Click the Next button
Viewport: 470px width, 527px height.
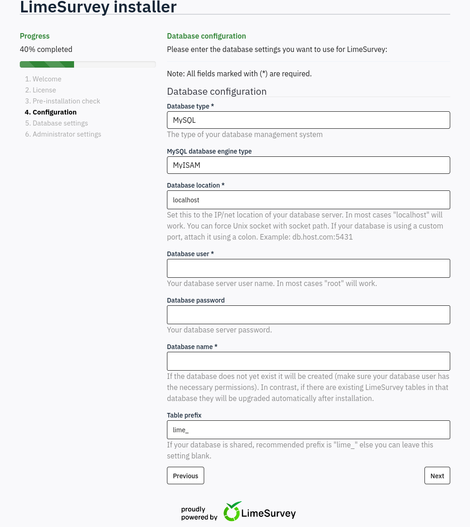click(x=437, y=475)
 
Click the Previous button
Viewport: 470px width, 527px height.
click(x=185, y=475)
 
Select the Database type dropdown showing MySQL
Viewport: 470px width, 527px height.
click(x=308, y=120)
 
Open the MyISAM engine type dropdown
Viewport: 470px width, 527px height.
click(x=308, y=165)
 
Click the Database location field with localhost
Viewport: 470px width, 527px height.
click(x=308, y=200)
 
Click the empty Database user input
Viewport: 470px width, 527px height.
click(x=308, y=268)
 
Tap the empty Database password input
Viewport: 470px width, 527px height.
click(x=308, y=315)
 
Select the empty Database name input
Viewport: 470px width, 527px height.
click(x=308, y=361)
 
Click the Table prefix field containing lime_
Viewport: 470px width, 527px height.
click(x=308, y=430)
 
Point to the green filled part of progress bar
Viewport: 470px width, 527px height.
click(x=47, y=64)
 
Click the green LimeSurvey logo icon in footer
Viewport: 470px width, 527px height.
click(x=233, y=511)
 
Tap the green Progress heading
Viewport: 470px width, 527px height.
click(x=34, y=36)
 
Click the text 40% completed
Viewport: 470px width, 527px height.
click(x=46, y=49)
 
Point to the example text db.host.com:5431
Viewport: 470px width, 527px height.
click(x=322, y=237)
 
